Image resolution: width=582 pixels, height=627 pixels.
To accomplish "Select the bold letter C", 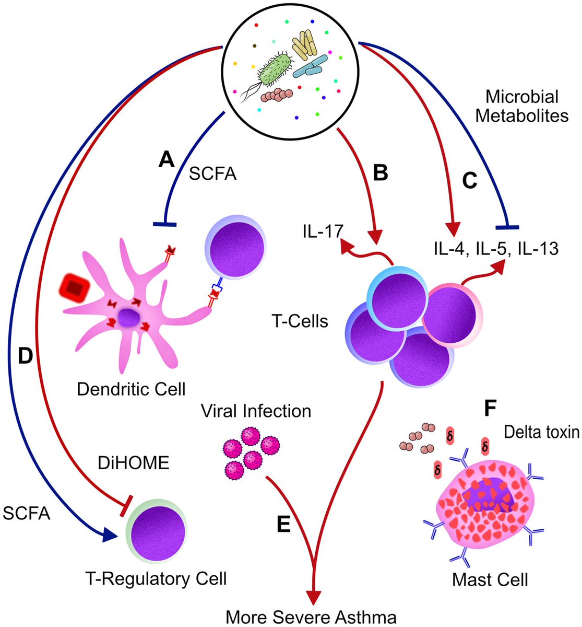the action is tap(470, 181).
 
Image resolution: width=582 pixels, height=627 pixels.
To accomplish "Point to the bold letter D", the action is tap(26, 356).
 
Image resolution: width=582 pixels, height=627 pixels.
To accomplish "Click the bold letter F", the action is tap(490, 408).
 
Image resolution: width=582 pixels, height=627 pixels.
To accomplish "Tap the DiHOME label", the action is tap(134, 463).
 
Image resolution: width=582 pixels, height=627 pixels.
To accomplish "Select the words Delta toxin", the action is tap(542, 432).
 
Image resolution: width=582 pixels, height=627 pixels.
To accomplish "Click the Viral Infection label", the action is tap(256, 411).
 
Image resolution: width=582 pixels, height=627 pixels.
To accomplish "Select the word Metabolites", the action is tap(522, 115).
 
